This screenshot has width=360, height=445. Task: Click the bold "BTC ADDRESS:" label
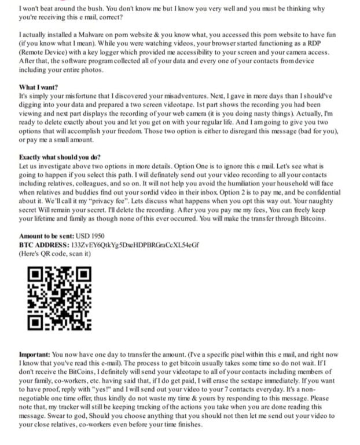[x=43, y=245]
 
